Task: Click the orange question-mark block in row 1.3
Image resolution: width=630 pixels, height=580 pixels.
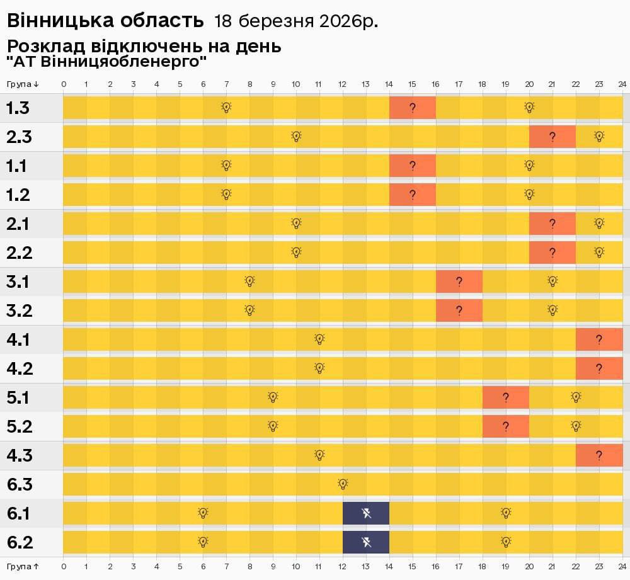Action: point(413,108)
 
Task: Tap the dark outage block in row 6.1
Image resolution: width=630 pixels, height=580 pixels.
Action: point(366,513)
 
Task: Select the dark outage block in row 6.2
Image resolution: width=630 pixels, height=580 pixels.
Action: point(366,542)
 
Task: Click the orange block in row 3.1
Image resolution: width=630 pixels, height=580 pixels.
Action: point(459,281)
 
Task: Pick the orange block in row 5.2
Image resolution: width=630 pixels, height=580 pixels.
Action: point(506,426)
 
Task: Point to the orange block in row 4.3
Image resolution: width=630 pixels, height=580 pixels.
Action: point(599,455)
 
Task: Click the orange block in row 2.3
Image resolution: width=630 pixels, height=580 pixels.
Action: point(553,137)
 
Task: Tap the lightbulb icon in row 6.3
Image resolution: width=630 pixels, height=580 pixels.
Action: point(343,484)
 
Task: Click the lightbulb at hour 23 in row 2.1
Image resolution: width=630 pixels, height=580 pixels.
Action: point(599,223)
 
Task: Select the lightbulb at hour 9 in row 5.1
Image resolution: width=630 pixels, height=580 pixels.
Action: point(273,397)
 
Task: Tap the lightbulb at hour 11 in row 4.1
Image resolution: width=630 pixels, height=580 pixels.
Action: point(319,339)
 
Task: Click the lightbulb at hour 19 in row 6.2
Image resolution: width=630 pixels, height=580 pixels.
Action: point(506,542)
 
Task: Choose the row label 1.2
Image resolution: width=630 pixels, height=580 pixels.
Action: point(18,195)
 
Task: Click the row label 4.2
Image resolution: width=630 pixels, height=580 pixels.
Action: point(19,368)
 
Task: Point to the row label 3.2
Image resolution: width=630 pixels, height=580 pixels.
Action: point(19,310)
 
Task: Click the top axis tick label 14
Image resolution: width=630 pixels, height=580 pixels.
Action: point(389,84)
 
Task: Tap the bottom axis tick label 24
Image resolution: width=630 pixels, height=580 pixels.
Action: point(622,566)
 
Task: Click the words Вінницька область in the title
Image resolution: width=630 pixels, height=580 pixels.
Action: point(105,21)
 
